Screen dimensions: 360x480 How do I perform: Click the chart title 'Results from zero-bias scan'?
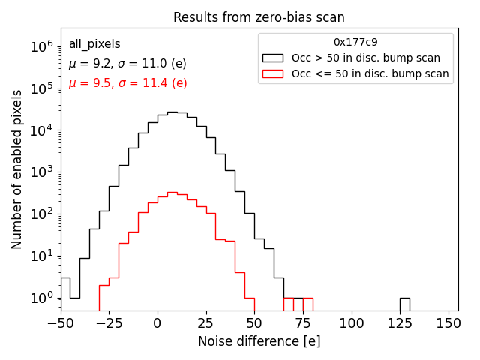(259, 17)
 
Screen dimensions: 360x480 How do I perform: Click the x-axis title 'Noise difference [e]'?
(259, 341)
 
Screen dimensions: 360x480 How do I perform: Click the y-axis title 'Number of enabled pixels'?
(17, 169)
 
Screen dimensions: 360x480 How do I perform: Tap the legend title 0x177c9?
(355, 42)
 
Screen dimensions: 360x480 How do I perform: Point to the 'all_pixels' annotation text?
(94, 45)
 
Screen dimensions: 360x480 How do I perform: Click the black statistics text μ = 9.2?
(127, 64)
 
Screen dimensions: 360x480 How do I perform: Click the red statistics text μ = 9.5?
(127, 83)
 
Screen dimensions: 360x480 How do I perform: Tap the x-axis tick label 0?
(157, 324)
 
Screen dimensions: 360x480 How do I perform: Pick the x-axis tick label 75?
(303, 324)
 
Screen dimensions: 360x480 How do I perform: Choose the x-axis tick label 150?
(448, 324)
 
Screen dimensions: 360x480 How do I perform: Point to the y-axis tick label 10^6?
(42, 46)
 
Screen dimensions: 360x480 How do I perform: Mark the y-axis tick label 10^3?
(42, 172)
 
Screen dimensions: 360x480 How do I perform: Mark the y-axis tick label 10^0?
(42, 298)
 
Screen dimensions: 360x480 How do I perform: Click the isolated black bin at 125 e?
(404, 304)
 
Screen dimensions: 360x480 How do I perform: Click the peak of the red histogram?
(172, 193)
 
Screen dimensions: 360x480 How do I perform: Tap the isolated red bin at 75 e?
(308, 304)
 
